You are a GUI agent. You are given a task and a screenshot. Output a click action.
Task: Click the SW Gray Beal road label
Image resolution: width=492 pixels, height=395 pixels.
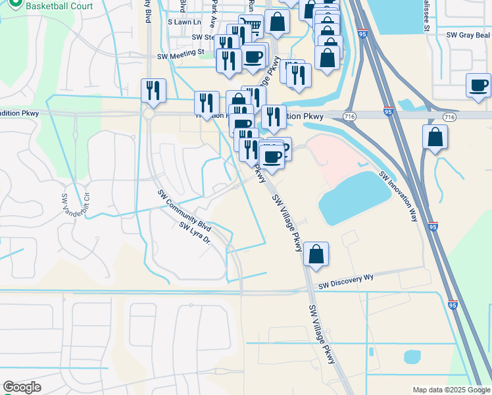coord(468,34)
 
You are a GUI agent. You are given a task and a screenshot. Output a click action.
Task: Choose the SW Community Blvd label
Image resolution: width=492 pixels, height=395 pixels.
coord(184,209)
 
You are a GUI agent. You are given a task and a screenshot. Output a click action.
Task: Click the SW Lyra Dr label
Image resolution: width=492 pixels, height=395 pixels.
coord(194,234)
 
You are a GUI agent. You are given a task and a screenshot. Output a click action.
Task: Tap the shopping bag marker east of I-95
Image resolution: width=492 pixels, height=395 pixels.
coord(435,138)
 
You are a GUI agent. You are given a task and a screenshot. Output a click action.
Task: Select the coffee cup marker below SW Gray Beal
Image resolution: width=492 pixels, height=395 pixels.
coord(478,86)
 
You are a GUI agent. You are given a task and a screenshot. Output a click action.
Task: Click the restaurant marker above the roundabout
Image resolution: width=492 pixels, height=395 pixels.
coord(153,92)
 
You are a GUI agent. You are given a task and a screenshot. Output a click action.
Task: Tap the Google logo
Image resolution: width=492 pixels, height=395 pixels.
coord(22,387)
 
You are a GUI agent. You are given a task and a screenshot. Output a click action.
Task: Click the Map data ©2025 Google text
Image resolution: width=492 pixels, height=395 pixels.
coord(451,390)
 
